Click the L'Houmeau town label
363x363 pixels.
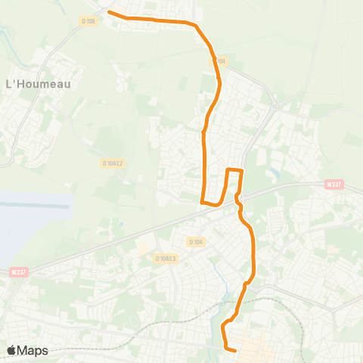point(38,84)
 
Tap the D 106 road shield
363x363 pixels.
point(89,20)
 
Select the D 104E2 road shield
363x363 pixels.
point(112,163)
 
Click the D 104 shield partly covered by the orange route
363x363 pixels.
point(219,60)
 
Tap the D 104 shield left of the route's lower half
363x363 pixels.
point(195,242)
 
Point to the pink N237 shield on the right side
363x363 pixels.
point(334,185)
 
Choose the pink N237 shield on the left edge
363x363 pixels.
point(19,272)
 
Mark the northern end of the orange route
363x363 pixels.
point(110,12)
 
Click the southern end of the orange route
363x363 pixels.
point(236,350)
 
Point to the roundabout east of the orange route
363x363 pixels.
point(275,107)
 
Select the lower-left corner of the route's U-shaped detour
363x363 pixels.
point(202,202)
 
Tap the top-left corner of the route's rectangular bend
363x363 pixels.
point(229,170)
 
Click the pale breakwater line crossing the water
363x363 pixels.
point(38,206)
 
